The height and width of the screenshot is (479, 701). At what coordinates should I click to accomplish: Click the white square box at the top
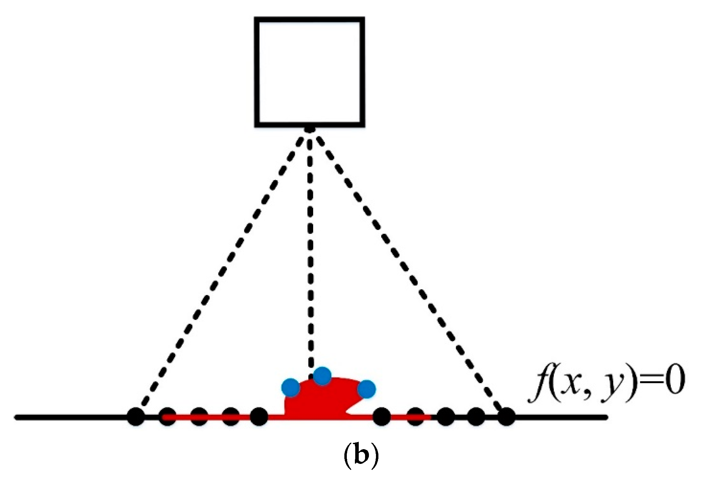click(309, 72)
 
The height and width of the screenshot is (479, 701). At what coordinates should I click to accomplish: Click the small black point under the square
click(309, 129)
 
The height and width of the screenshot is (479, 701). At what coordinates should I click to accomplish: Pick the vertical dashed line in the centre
click(310, 246)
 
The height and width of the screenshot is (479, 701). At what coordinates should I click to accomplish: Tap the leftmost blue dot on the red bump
click(291, 388)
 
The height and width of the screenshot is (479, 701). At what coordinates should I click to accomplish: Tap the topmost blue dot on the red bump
click(322, 376)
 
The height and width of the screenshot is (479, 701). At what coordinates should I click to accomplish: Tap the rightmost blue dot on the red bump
click(367, 389)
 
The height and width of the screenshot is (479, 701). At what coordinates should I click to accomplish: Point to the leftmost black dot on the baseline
click(136, 417)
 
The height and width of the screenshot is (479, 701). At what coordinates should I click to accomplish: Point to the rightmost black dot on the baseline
click(506, 417)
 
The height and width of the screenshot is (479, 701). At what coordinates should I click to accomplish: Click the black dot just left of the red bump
click(259, 417)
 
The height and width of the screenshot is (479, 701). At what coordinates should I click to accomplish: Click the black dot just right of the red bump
click(382, 417)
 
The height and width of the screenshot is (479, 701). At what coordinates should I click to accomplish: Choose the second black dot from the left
click(168, 417)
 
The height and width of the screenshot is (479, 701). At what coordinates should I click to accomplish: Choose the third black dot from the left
click(199, 417)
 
